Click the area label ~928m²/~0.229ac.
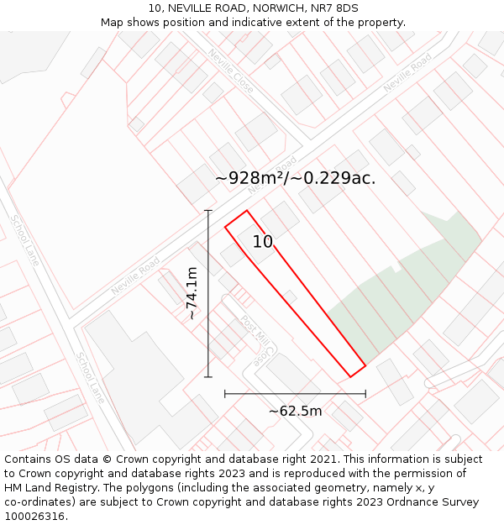(295, 178)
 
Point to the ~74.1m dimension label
(192, 293)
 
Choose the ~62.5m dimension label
(295, 411)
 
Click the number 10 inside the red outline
(263, 242)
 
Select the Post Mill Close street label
(254, 339)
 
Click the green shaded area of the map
(395, 294)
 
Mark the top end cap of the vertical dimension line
(208, 210)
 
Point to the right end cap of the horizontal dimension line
(365, 393)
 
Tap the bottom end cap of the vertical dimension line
(208, 377)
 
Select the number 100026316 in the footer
(35, 517)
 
